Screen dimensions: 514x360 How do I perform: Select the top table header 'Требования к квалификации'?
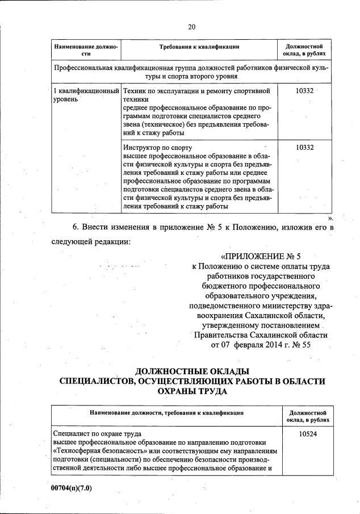(x=199, y=47)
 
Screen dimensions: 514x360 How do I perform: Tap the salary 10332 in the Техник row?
(x=305, y=91)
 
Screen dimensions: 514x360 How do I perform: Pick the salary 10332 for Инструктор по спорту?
(x=305, y=147)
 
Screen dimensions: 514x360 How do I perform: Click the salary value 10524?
(x=306, y=433)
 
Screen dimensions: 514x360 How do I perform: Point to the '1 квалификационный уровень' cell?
(x=85, y=95)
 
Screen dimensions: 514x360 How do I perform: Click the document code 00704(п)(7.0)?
(x=71, y=487)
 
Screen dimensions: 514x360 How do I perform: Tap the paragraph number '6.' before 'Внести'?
(x=76, y=227)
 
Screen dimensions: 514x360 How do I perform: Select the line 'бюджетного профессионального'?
(x=261, y=286)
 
